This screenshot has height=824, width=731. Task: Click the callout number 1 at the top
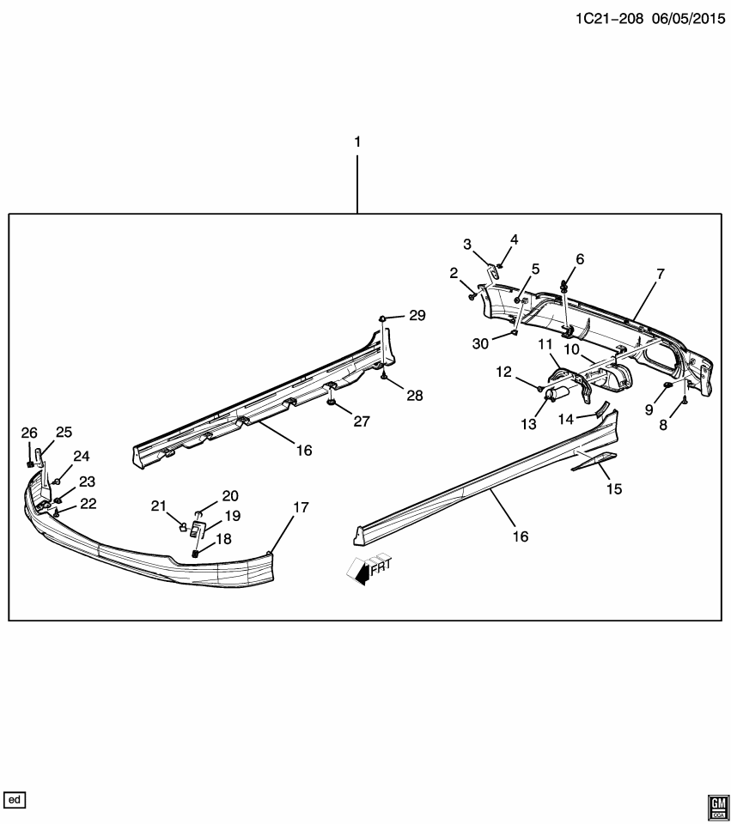click(357, 140)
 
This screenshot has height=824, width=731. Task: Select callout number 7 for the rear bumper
click(660, 275)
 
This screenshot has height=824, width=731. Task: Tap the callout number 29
click(417, 317)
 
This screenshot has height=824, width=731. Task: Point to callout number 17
click(300, 507)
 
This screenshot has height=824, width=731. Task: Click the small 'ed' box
click(15, 800)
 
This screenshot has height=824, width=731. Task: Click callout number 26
click(29, 432)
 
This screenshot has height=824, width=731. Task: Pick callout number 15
click(613, 488)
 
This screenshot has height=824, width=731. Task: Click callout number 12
click(503, 372)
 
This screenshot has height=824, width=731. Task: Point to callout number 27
click(361, 421)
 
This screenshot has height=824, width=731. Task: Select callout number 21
click(158, 506)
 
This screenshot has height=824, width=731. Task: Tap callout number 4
click(514, 239)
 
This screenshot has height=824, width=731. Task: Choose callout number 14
click(566, 418)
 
